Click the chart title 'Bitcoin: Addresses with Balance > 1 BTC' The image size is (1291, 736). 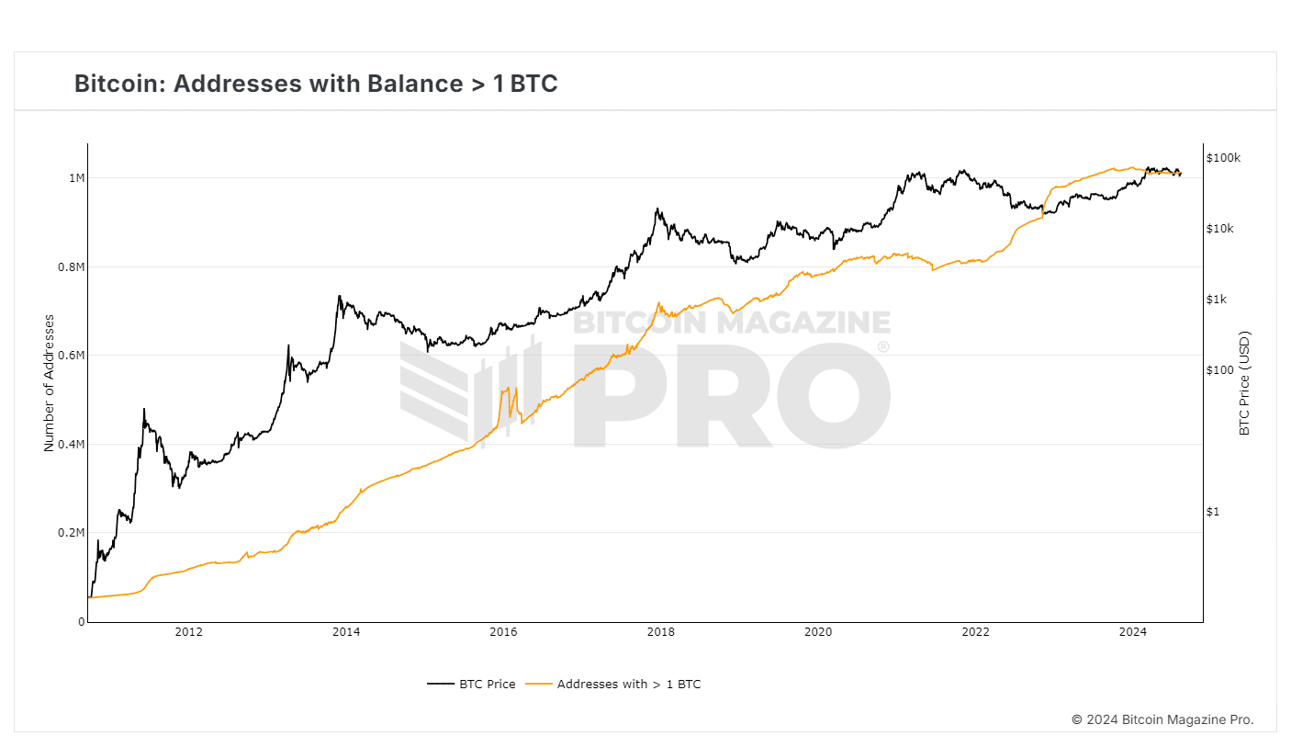[316, 84]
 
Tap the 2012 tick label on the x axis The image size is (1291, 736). [188, 631]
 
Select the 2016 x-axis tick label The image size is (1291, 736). [503, 631]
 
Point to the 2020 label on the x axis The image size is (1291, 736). [817, 631]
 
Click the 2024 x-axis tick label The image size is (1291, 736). [1133, 631]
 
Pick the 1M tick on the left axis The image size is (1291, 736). [76, 177]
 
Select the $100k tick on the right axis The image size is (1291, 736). [1223, 158]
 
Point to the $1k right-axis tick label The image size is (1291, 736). [1217, 300]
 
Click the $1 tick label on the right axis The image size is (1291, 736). [1212, 512]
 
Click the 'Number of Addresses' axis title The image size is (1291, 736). [50, 383]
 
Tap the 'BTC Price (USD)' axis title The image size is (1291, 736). [1245, 383]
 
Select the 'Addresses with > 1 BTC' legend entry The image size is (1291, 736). [628, 684]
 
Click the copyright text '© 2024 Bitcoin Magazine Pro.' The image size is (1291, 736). [1162, 719]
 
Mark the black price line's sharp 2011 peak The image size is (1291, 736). [144, 409]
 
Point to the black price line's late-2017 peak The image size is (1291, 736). [657, 209]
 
